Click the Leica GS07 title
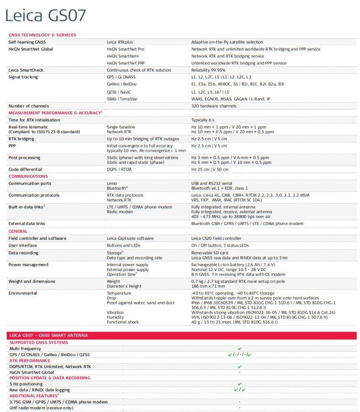click(45, 15)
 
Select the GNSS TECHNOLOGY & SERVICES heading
click(42, 35)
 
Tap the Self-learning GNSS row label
click(27, 42)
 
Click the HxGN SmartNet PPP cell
click(125, 63)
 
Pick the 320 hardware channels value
click(214, 106)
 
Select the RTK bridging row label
click(21, 139)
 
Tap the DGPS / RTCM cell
click(119, 169)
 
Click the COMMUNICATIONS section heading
click(28, 176)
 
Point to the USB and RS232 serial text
click(212, 183)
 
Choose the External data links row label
click(27, 224)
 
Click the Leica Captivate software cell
click(130, 238)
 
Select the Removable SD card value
click(210, 252)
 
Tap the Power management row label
click(28, 264)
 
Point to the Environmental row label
click(22, 293)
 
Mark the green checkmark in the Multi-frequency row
click(240, 348)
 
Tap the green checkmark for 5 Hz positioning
click(240, 384)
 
